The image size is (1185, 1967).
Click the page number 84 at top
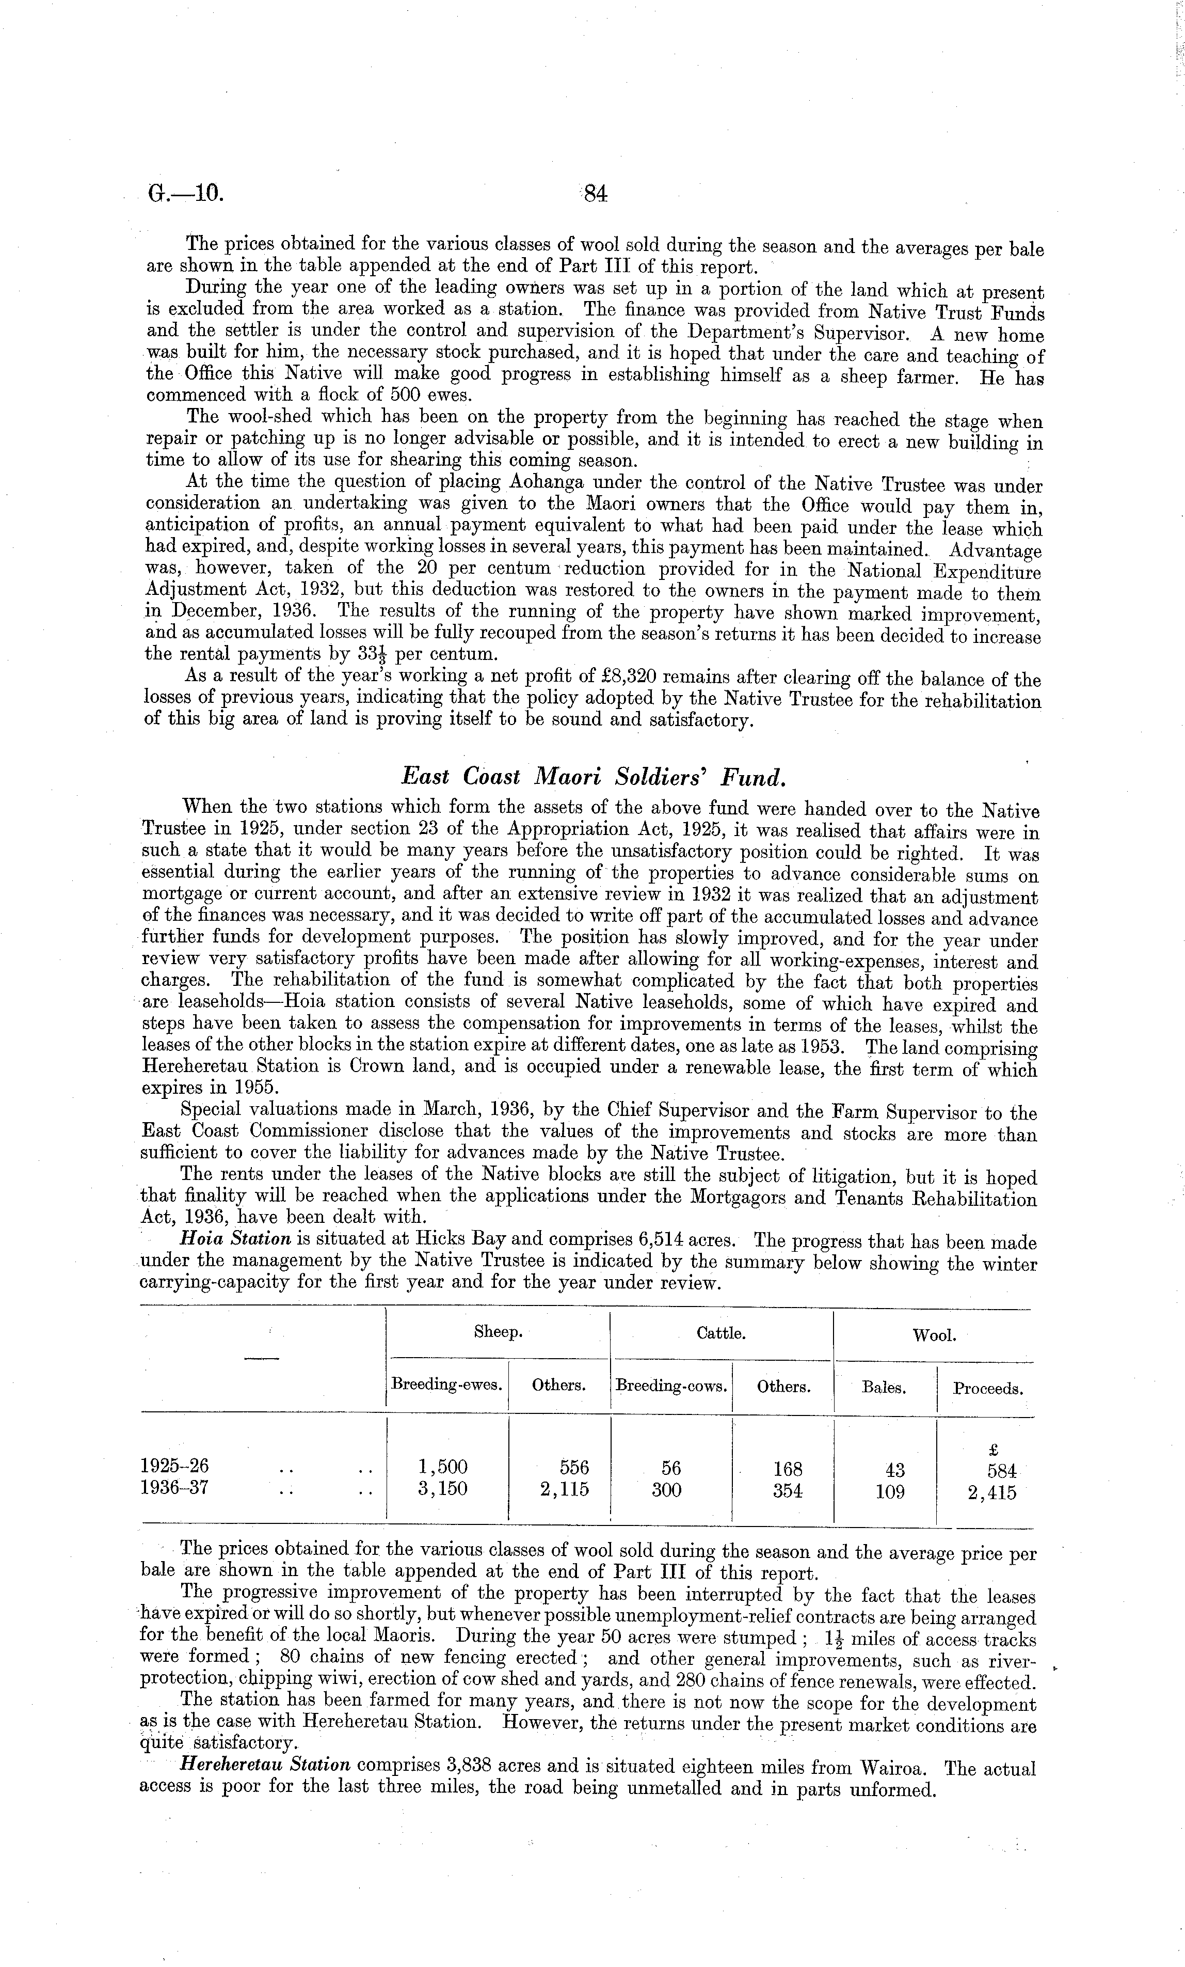pyautogui.click(x=595, y=194)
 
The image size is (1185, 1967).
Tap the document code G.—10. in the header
pyautogui.click(x=182, y=194)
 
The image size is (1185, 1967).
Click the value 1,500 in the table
pyautogui.click(x=443, y=1467)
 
